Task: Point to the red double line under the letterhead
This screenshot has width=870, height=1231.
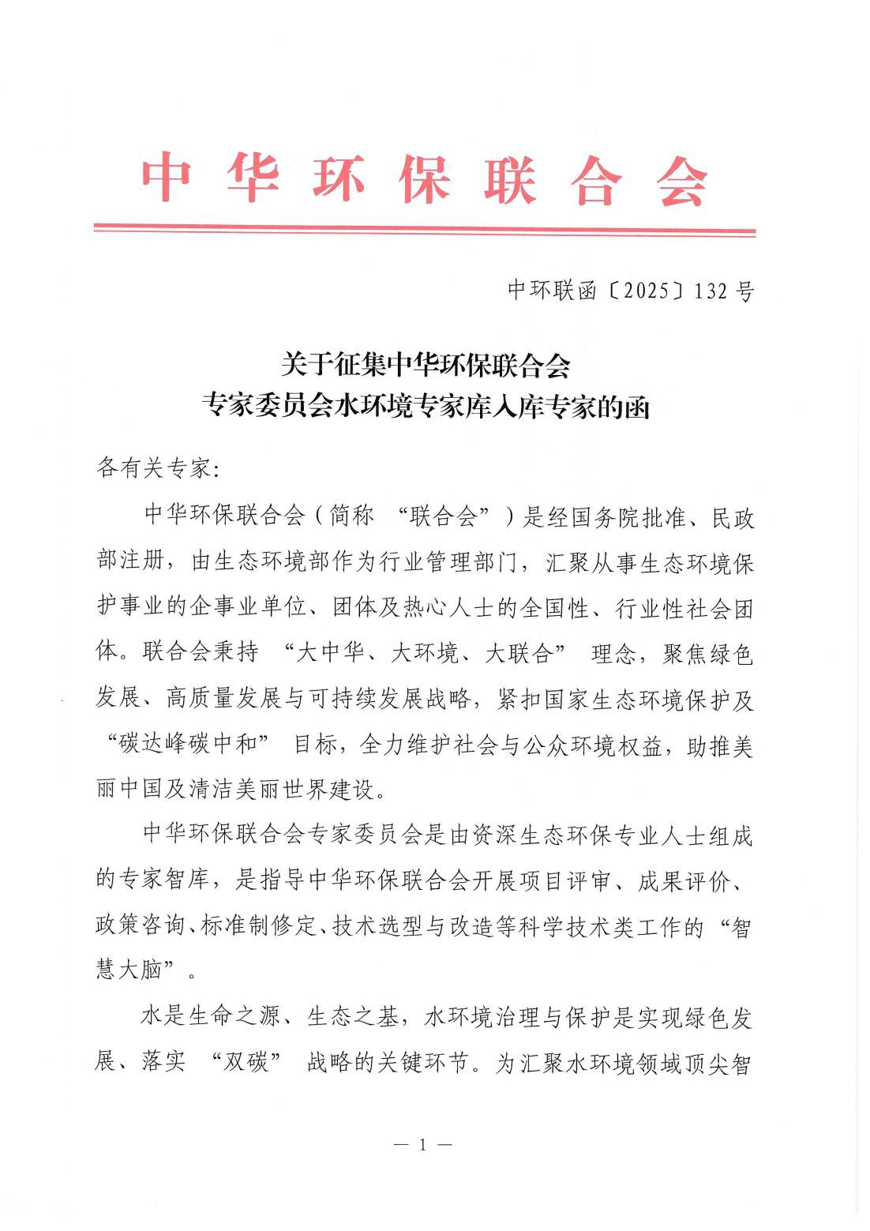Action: (425, 231)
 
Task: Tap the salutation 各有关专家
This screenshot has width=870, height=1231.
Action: (154, 468)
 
